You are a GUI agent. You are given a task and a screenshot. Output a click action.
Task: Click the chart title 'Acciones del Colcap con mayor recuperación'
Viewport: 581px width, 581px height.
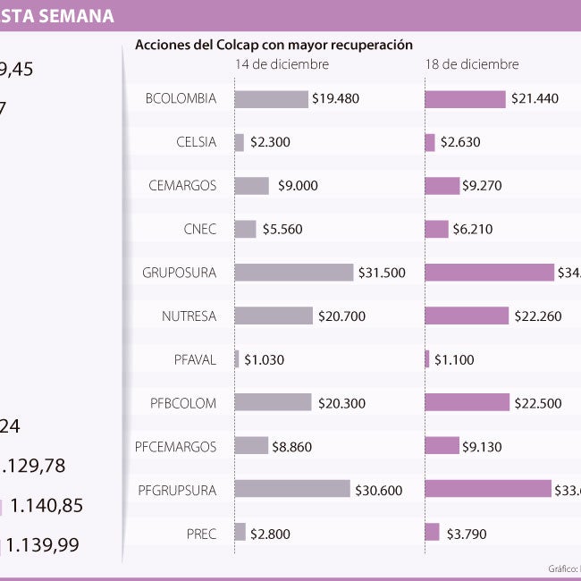[274, 44]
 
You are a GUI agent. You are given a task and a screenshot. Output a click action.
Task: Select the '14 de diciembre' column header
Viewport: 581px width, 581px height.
[282, 64]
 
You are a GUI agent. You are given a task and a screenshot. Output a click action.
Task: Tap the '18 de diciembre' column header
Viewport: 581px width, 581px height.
[471, 64]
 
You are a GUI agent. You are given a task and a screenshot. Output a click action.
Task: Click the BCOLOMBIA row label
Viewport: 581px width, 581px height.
[181, 98]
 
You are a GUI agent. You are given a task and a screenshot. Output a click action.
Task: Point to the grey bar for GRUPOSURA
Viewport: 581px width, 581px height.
[294, 272]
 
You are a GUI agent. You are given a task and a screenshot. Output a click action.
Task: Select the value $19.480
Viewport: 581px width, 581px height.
[336, 99]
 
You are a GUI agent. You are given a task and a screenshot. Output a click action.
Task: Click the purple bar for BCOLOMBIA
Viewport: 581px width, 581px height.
[465, 99]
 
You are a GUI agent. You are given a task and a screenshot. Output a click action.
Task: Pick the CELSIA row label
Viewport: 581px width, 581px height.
[196, 141]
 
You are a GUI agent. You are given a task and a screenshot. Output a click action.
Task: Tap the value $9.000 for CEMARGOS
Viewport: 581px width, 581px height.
[298, 186]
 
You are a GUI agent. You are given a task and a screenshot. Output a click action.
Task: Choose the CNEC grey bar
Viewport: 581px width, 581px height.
[246, 229]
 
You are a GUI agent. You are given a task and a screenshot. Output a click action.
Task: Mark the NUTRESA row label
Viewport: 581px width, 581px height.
[189, 316]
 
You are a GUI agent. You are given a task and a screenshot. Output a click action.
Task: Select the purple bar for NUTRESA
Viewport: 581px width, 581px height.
[467, 316]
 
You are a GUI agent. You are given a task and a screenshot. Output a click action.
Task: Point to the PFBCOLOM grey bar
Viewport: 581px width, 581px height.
[273, 402]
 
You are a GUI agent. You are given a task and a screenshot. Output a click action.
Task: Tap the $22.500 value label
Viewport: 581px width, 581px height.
[538, 403]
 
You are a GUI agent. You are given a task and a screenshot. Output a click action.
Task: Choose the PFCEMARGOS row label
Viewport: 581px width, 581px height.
[175, 446]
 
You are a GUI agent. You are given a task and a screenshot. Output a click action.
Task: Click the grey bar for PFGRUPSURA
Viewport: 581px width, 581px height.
[292, 489]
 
